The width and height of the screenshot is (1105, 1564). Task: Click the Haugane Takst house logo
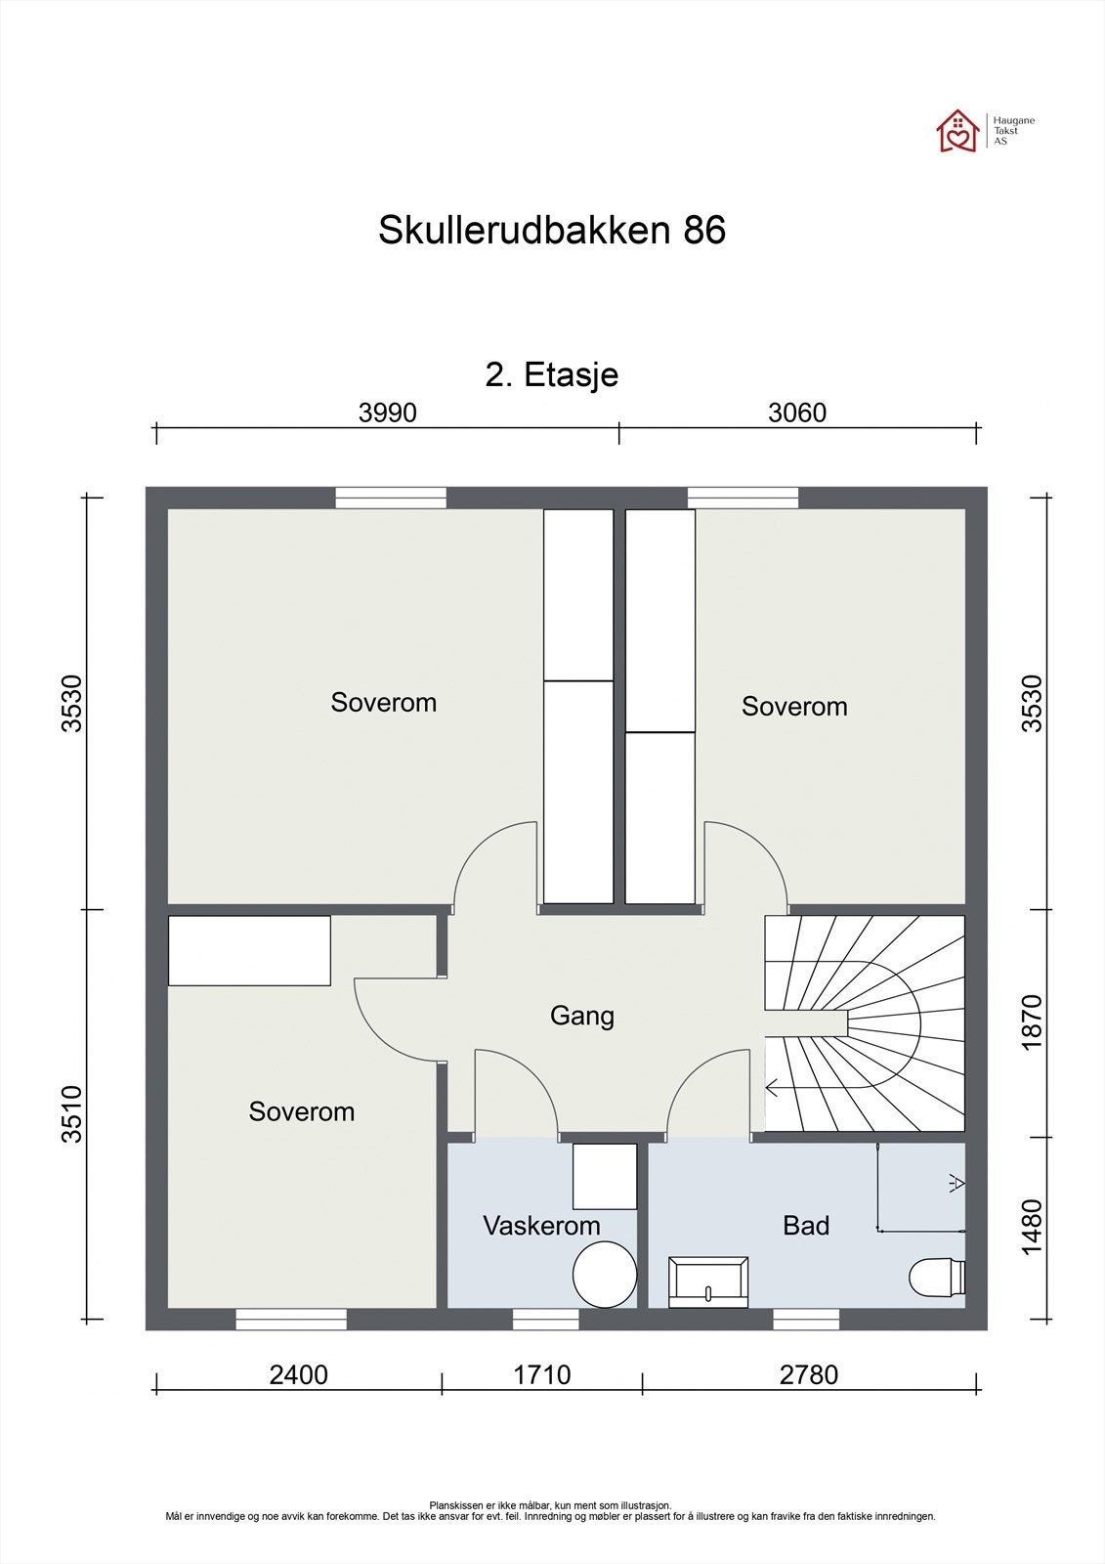tap(957, 131)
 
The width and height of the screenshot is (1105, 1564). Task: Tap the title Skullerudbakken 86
tap(552, 230)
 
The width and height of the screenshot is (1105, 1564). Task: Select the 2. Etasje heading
tap(551, 375)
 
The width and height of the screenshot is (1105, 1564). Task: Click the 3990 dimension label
tap(388, 413)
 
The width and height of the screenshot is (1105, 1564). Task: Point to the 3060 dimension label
tap(797, 413)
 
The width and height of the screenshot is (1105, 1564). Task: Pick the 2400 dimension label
tap(298, 1374)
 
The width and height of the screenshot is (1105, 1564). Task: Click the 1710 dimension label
tap(541, 1374)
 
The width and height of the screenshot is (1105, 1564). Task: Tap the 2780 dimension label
tap(808, 1374)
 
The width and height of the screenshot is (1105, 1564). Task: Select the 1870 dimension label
tap(1032, 1022)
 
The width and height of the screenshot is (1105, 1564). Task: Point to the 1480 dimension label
tap(1032, 1227)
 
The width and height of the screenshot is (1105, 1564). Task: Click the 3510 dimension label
tap(72, 1114)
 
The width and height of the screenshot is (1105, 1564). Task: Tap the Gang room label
tap(582, 1016)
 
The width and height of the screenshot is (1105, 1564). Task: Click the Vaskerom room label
tap(541, 1226)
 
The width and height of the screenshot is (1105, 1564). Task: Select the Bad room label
tap(806, 1226)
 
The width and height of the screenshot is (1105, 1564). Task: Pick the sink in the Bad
tap(708, 1282)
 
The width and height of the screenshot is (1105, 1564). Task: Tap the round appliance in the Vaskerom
tap(605, 1275)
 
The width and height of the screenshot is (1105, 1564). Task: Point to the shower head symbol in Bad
tap(956, 1183)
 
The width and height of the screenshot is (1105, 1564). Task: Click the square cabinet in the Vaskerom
tap(605, 1177)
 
